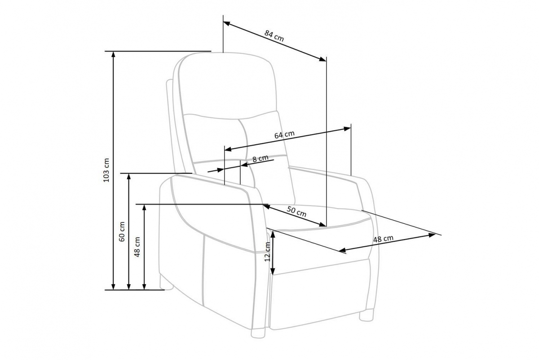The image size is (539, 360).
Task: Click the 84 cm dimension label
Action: pyautogui.click(x=274, y=36)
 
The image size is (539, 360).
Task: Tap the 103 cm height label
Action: pyautogui.click(x=106, y=170)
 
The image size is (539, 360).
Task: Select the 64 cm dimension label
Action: pyautogui.click(x=284, y=134)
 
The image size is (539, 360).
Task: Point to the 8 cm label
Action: pyautogui.click(x=261, y=159)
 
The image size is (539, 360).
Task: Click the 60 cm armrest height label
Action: pyautogui.click(x=122, y=231)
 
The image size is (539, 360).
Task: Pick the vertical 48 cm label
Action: pyautogui.click(x=137, y=247)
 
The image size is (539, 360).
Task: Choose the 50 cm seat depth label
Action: pyautogui.click(x=296, y=212)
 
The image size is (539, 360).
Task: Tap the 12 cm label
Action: pyautogui.click(x=268, y=252)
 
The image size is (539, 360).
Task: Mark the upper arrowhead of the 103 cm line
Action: pyautogui.click(x=113, y=54)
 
